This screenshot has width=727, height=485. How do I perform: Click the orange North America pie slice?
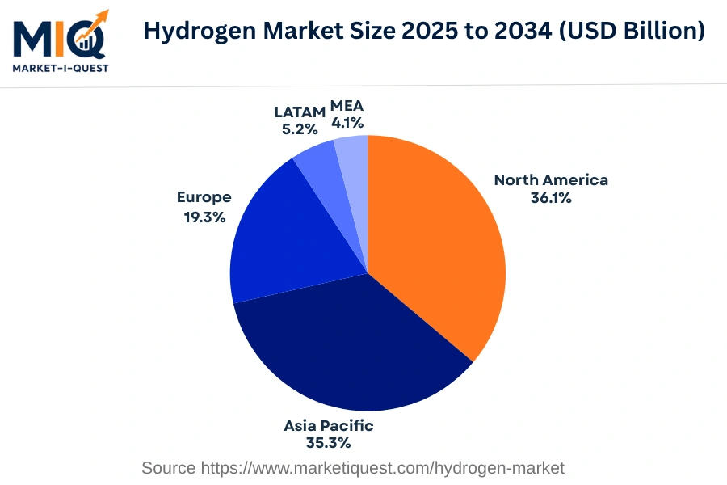(436, 242)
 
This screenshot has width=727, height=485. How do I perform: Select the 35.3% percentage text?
(328, 443)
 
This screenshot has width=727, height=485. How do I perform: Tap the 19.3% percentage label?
(204, 217)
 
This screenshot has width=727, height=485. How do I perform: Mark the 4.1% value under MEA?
(347, 124)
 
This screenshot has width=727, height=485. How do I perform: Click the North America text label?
(551, 179)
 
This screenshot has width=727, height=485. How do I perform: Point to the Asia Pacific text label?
(328, 425)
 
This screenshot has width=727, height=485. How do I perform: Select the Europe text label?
(204, 197)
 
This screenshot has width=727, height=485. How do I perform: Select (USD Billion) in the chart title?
(637, 32)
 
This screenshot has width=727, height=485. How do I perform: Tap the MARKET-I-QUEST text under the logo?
(61, 67)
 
